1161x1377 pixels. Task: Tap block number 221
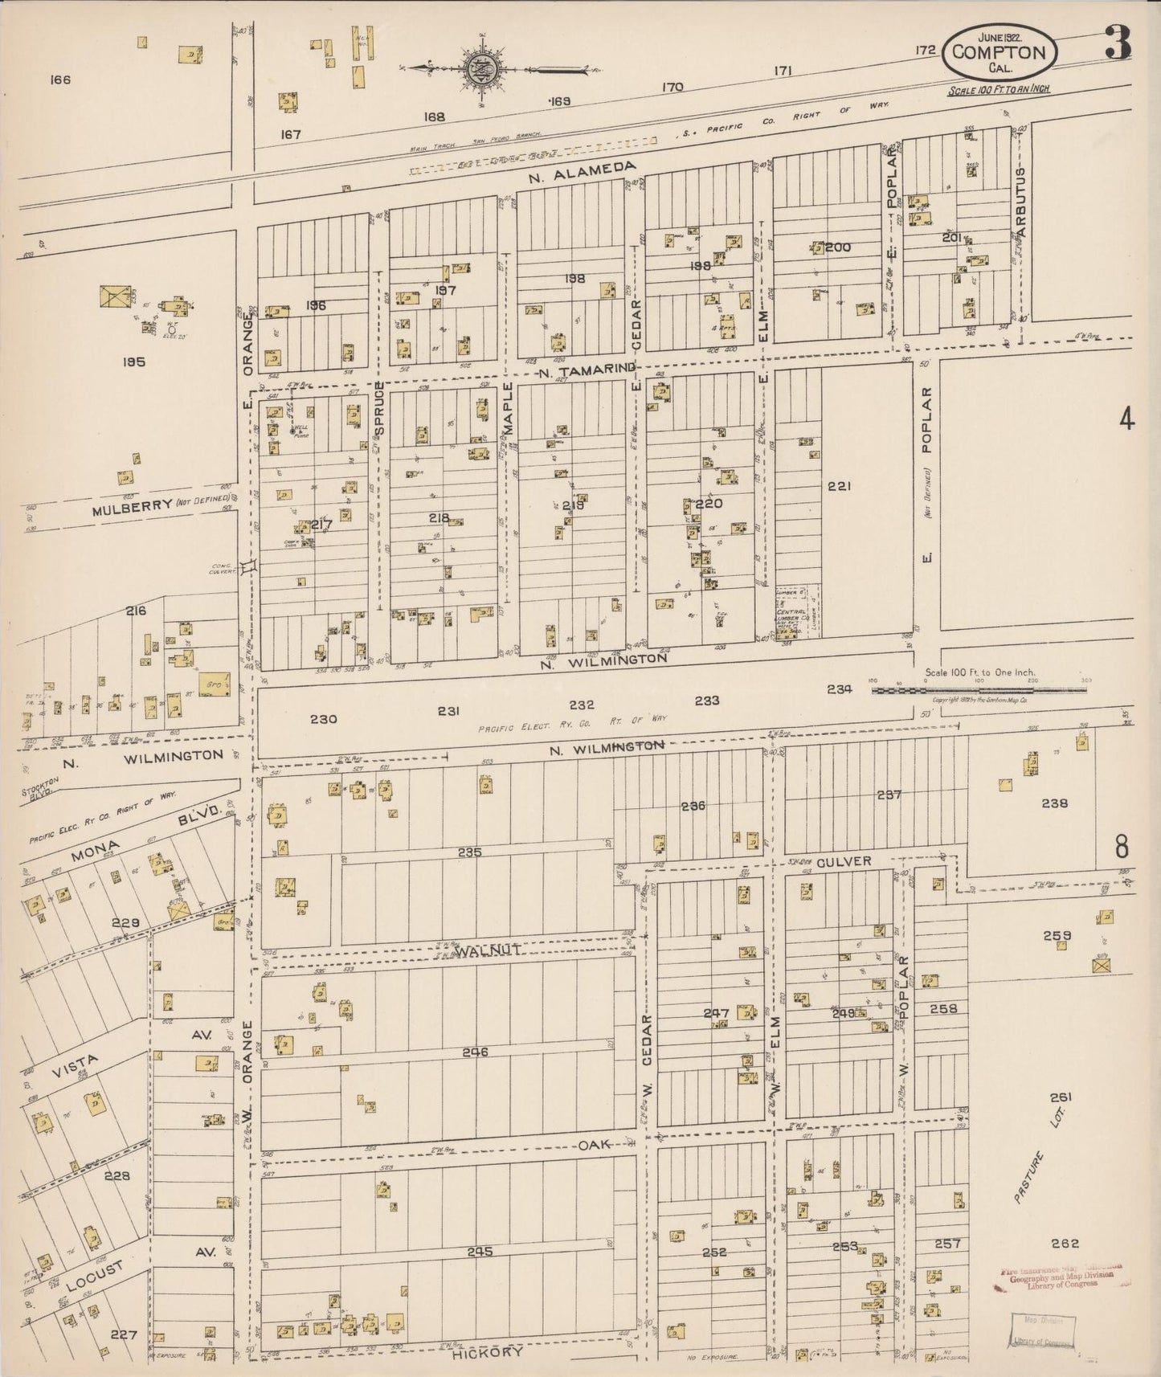[x=838, y=486]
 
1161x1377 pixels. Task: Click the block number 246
[x=475, y=1052]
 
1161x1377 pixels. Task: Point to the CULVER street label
[x=844, y=861]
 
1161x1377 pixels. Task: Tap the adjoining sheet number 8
[x=1122, y=847]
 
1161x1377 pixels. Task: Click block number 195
[x=133, y=362]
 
